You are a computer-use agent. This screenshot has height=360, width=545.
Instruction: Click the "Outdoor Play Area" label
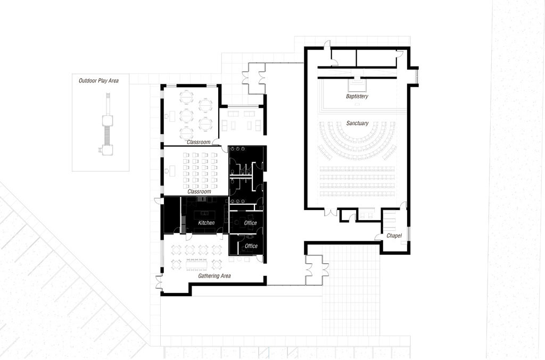point(98,81)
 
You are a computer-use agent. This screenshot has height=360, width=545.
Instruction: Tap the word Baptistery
point(357,96)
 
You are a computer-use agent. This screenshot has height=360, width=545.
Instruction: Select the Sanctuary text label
point(357,123)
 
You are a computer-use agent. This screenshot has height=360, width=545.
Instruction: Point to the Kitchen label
point(207,223)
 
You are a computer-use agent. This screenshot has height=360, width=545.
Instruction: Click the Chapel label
point(394,236)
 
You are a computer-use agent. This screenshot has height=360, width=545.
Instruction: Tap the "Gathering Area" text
point(214,276)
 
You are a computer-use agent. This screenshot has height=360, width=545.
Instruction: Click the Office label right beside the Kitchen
point(250,223)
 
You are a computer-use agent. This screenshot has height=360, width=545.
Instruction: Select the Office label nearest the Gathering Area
point(251,246)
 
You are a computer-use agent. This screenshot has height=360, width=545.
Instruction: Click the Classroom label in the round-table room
point(199,142)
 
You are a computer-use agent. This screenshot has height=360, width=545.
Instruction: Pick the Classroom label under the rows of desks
point(199,191)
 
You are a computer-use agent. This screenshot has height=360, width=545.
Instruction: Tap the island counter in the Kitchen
point(204,214)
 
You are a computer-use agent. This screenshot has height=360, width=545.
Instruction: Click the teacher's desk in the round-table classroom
point(171,115)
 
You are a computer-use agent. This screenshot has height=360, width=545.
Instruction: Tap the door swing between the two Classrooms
point(216,141)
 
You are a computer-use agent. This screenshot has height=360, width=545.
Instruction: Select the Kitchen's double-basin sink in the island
point(204,213)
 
